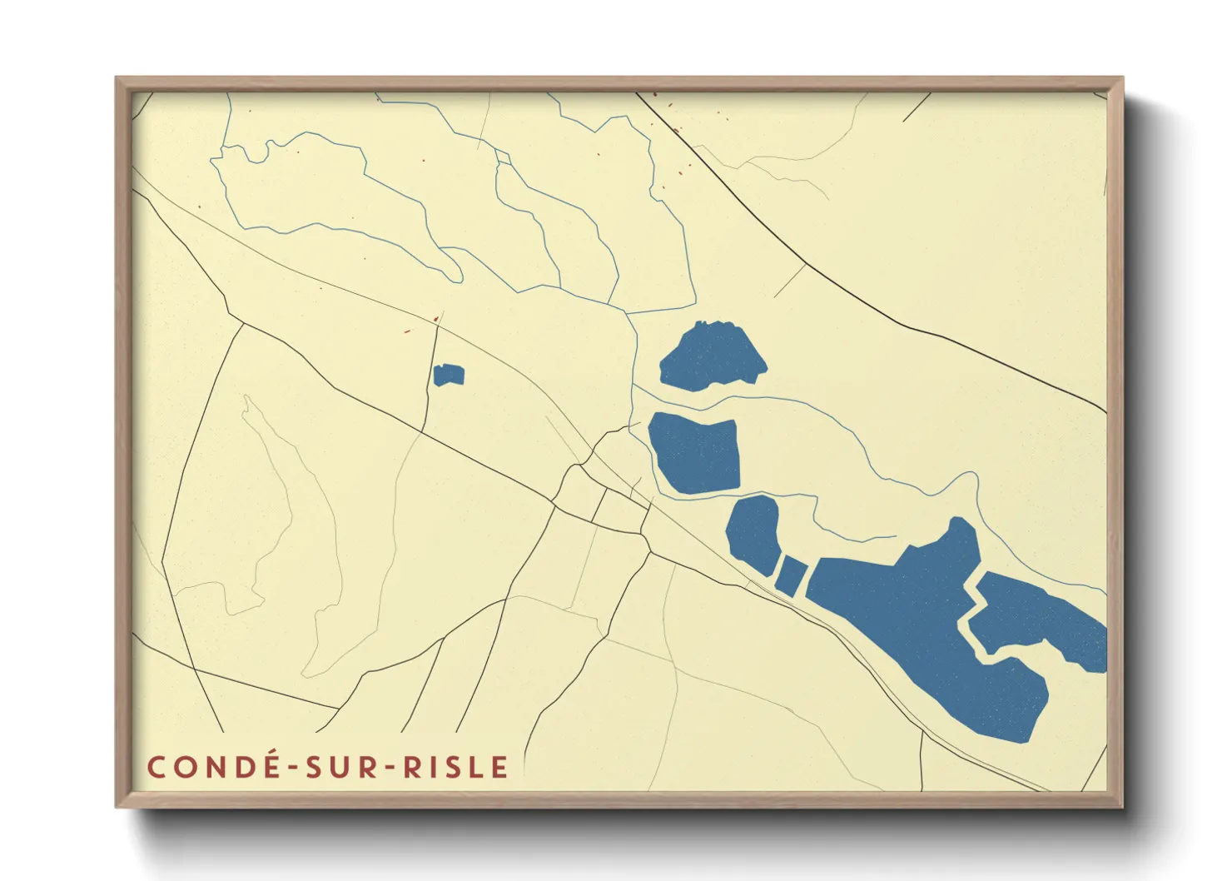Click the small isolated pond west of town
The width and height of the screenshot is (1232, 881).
[x=448, y=376]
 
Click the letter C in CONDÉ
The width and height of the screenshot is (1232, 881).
[x=156, y=767]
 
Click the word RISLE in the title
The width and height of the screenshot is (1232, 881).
[x=456, y=767]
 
